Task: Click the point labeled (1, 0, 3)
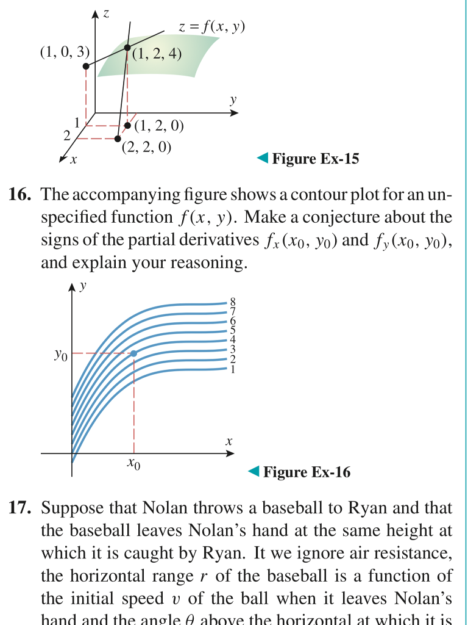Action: click(87, 66)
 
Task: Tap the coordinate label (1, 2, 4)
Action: click(157, 54)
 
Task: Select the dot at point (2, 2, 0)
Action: click(118, 139)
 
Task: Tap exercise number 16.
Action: click(21, 196)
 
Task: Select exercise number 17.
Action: click(21, 508)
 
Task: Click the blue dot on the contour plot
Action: click(134, 353)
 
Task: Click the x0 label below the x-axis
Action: click(134, 465)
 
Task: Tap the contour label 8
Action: click(232, 302)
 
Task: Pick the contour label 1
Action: click(232, 369)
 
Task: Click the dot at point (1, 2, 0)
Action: click(127, 126)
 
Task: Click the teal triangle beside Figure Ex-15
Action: click(261, 159)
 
